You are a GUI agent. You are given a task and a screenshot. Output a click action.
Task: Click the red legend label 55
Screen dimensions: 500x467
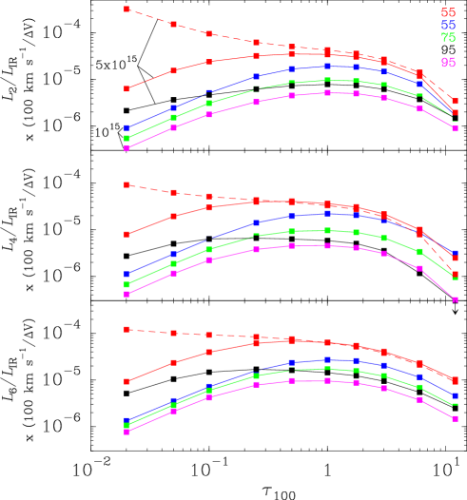point(448,12)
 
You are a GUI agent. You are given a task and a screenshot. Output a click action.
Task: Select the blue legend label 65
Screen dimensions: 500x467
point(448,26)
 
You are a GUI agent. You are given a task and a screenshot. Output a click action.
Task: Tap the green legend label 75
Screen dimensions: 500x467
point(448,38)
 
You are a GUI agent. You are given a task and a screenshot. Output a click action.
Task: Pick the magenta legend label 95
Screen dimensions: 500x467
point(448,63)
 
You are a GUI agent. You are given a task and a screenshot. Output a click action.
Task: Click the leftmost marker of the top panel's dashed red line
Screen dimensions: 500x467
point(126,9)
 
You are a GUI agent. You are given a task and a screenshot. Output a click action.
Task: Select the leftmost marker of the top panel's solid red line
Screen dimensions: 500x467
point(126,88)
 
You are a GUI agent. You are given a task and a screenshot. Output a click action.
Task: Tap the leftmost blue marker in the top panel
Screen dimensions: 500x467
point(126,128)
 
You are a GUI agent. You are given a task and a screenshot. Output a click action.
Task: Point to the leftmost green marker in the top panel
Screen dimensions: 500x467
point(126,139)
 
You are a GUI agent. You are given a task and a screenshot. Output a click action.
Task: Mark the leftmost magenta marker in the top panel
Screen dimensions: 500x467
point(126,148)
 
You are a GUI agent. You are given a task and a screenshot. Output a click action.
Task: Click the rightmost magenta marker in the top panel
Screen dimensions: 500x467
point(455,128)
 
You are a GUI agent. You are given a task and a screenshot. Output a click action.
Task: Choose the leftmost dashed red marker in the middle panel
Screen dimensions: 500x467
point(126,184)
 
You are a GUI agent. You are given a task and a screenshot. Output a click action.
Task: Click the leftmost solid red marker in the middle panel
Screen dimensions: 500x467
point(126,234)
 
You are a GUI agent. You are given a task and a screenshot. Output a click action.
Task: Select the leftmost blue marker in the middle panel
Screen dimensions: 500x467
point(126,275)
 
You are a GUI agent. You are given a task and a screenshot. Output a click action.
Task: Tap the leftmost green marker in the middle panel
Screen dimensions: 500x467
point(126,284)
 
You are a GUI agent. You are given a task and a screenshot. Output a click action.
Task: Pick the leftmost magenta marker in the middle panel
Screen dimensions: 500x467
point(126,294)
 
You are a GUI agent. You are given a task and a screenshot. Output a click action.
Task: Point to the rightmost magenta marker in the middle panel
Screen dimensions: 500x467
point(455,299)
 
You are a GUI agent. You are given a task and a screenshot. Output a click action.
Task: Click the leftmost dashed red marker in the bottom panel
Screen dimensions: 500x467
point(126,329)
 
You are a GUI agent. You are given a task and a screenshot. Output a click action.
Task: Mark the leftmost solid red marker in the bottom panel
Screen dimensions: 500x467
point(126,381)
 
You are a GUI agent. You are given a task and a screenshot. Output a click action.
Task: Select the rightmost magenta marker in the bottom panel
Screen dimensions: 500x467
point(455,418)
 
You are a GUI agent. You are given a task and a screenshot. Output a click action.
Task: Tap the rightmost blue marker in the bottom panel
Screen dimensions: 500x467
point(455,395)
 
